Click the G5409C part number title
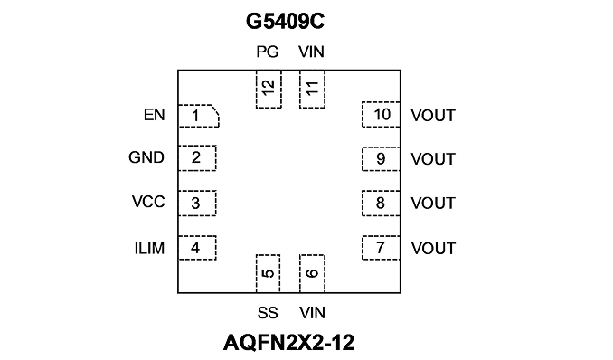(285, 21)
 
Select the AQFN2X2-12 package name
(289, 343)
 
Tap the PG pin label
(268, 52)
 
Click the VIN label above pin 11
(312, 52)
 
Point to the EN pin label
(154, 115)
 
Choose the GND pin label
(146, 157)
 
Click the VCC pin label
(148, 202)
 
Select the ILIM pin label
(149, 249)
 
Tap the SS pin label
(268, 313)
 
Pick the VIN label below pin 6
(312, 313)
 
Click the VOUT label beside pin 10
(433, 116)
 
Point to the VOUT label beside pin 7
(433, 249)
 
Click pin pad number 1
(199, 116)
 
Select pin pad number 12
(269, 89)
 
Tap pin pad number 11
(312, 89)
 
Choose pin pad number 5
(269, 273)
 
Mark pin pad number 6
(312, 273)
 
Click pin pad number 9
(381, 159)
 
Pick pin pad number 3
(197, 204)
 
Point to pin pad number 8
(381, 204)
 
